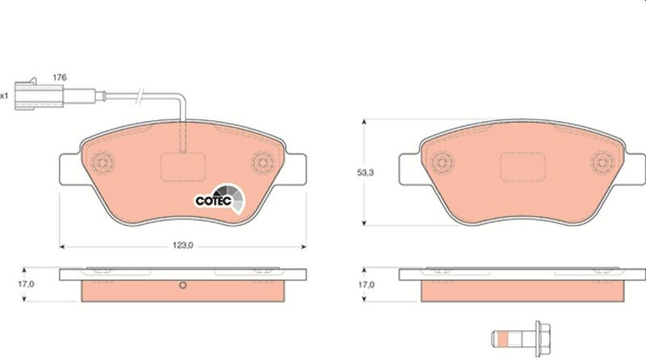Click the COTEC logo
click(220, 199)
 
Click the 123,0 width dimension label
click(182, 246)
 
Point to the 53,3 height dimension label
click(365, 173)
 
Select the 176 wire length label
click(60, 77)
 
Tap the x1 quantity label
click(4, 96)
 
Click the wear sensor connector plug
click(39, 95)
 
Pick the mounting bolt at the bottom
click(521, 338)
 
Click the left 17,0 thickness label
click(26, 284)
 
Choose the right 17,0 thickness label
click(366, 285)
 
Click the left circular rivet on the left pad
click(103, 162)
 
